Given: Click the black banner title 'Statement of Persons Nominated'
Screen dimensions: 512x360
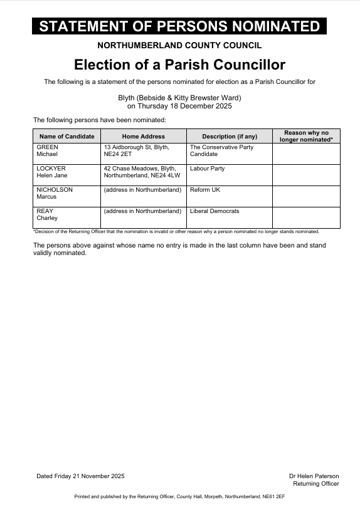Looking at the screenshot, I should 179,26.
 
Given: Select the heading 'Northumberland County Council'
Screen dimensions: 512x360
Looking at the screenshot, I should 179,45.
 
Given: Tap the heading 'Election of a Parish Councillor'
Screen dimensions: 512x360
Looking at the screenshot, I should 179,65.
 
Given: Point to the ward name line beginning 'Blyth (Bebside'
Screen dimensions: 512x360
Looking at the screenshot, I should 179,98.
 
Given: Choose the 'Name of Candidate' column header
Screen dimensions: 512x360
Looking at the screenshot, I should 66,136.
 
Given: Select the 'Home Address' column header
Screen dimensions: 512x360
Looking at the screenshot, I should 144,136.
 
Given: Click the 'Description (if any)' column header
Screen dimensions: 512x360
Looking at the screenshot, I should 230,136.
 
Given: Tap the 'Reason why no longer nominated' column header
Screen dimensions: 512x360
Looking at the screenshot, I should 306,136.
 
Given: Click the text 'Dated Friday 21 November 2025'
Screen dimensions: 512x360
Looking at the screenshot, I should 80,476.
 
